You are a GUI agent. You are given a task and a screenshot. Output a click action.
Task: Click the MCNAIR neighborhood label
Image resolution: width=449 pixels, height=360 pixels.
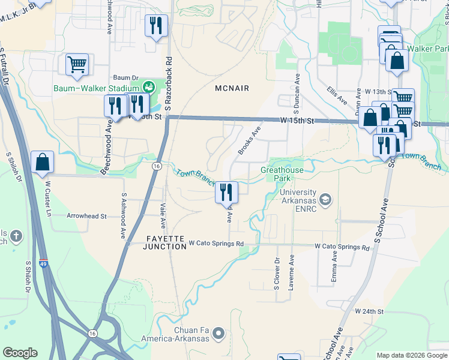pyautogui.click(x=232, y=88)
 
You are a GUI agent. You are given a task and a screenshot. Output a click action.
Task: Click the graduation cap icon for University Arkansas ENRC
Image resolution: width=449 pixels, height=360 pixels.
pyautogui.click(x=325, y=199)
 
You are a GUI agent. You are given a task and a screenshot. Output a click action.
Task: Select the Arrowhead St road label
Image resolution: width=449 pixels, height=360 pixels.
pyautogui.click(x=86, y=216)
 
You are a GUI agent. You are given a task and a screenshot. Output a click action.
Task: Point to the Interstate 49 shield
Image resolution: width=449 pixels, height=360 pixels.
pyautogui.click(x=44, y=263)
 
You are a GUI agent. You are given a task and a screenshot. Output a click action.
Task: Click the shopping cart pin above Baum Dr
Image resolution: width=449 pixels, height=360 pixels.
pyautogui.click(x=77, y=64)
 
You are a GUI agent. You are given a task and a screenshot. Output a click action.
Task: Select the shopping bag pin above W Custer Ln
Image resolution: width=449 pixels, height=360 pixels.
pyautogui.click(x=42, y=162)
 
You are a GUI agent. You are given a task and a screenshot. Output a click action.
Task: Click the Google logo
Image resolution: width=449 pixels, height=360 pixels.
pyautogui.click(x=20, y=353)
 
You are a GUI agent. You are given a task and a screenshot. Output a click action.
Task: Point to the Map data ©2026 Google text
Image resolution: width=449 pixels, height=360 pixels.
pyautogui.click(x=411, y=355)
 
